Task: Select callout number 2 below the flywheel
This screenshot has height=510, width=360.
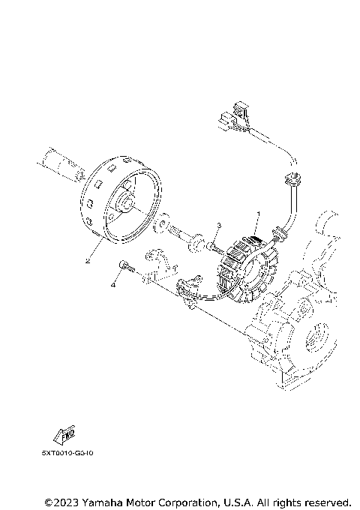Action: [88, 262]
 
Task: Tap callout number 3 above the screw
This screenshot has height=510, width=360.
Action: [218, 225]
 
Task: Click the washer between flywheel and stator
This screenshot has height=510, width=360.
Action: [161, 226]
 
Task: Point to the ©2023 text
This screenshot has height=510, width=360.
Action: [62, 501]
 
